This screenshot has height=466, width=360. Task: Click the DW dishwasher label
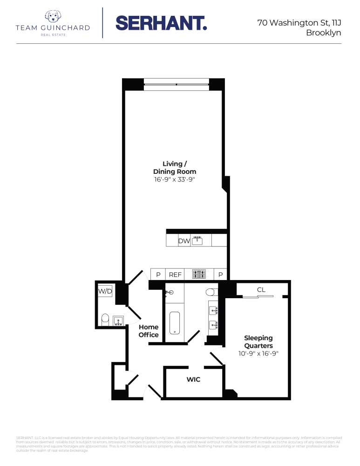(183, 241)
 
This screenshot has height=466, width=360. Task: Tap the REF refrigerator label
(175, 274)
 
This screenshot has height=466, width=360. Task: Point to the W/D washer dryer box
(105, 291)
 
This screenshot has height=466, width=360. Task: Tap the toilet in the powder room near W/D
(105, 319)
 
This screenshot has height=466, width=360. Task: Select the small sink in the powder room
(118, 320)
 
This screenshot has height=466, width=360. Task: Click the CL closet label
(261, 290)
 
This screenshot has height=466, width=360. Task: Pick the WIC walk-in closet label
(193, 380)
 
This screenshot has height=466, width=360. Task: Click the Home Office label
(149, 331)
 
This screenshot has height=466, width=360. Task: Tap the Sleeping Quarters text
(258, 342)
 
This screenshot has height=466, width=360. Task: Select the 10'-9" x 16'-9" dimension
(258, 354)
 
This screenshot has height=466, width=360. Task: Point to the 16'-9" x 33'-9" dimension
(175, 179)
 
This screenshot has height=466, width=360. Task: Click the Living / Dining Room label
(175, 167)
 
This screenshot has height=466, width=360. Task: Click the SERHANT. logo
(161, 23)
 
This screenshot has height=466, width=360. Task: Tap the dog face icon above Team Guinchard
(53, 17)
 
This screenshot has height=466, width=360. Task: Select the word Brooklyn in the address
(323, 33)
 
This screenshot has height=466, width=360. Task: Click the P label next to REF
(158, 274)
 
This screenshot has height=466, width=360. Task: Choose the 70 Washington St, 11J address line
(299, 22)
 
